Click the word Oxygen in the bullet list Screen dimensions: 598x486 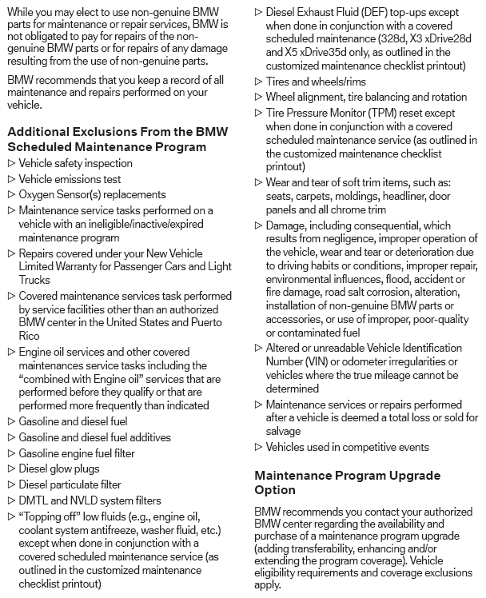point(36,193)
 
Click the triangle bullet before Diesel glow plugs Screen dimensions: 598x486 point(10,469)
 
